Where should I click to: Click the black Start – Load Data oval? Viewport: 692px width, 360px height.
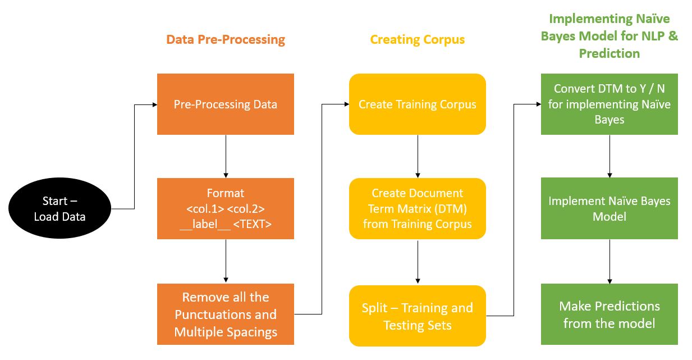(59, 208)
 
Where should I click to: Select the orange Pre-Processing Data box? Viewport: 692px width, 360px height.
(225, 104)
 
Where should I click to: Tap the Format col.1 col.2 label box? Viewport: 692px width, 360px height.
(225, 208)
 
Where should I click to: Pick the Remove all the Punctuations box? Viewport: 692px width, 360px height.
(225, 314)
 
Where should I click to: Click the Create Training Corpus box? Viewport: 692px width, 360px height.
(417, 104)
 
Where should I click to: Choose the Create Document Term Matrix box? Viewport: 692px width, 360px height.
(417, 208)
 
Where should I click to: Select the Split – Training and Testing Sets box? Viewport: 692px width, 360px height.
(417, 316)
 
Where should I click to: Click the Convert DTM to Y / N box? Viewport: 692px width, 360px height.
(609, 104)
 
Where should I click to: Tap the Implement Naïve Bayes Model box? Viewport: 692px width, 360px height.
(609, 208)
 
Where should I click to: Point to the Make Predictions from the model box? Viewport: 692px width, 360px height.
(609, 314)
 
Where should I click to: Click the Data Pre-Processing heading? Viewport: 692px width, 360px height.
(226, 40)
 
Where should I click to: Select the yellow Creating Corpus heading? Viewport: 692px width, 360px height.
(417, 40)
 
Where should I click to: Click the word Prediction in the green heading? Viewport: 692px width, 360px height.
(609, 54)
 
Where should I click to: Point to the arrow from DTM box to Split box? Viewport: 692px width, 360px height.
(417, 262)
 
